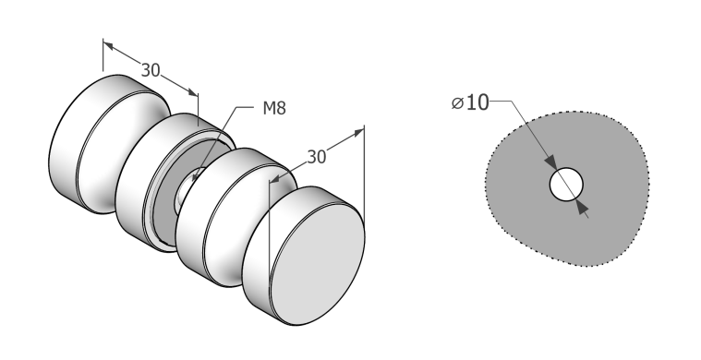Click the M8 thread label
[274, 108]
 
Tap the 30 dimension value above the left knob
[151, 70]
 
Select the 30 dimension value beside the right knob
[317, 157]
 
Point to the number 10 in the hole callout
[477, 102]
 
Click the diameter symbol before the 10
[457, 103]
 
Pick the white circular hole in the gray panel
[566, 184]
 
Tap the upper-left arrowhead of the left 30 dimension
[108, 44]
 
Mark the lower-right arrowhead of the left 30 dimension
[193, 92]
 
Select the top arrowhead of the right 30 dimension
[359, 132]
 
